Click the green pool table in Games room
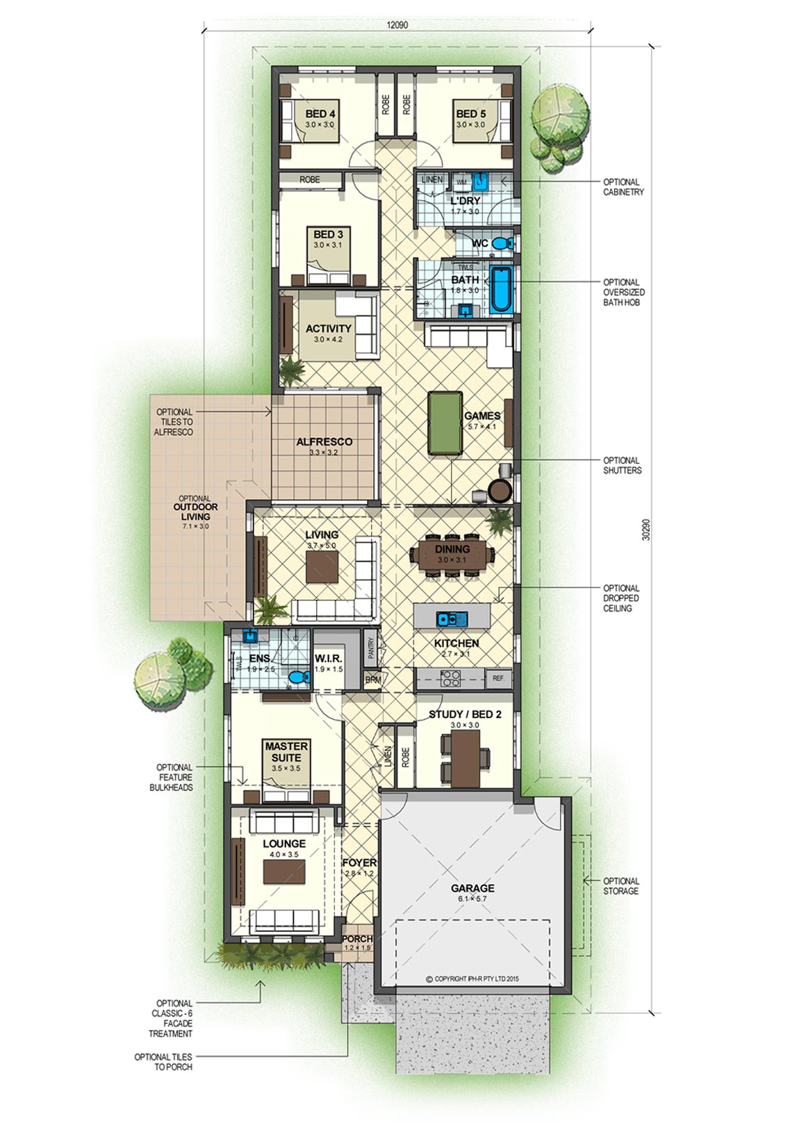point(445,422)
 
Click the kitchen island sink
point(452,619)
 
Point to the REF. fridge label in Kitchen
point(498,678)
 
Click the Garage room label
point(472,888)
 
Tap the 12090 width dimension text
point(397,25)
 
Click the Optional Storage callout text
point(621,886)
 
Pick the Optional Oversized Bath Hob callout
point(623,292)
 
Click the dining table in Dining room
point(452,554)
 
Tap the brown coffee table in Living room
point(322,567)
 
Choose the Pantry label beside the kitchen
point(371,648)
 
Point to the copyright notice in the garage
point(472,979)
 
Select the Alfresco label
point(324,441)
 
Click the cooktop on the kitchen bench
point(450,678)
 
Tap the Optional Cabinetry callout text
point(623,186)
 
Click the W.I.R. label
point(328,658)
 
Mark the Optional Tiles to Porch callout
point(163,1062)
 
